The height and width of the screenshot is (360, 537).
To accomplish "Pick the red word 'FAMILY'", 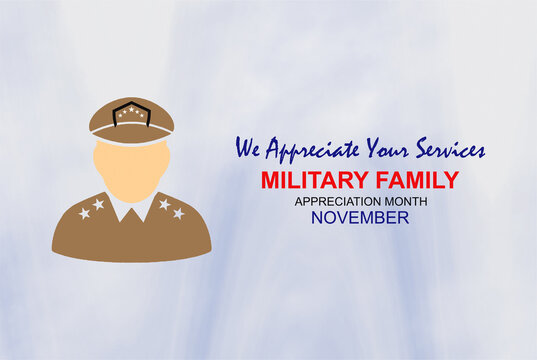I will pos(417,181).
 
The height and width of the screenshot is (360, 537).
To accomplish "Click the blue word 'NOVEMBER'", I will pos(359,217).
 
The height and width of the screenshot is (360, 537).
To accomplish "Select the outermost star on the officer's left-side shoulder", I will pos(84,213).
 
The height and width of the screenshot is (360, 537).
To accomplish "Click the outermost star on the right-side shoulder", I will pos(178,213).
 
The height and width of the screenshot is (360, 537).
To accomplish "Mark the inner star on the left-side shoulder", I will pos(98,204).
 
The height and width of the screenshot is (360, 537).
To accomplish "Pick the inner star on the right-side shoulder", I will pos(164,204).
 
